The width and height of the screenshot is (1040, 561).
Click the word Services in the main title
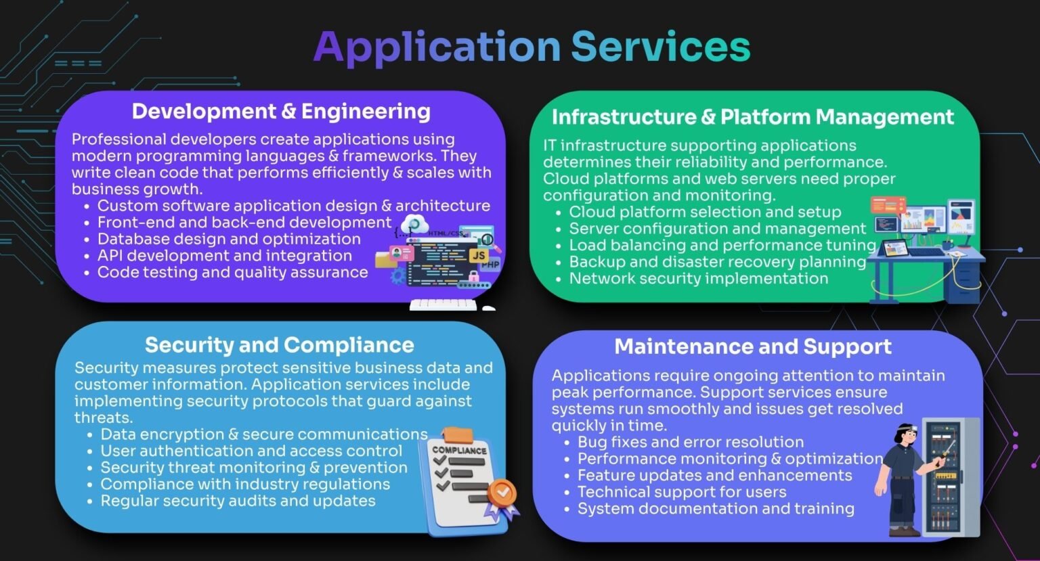click(x=660, y=47)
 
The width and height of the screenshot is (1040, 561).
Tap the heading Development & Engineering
click(x=281, y=112)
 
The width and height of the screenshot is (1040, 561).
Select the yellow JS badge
click(x=479, y=255)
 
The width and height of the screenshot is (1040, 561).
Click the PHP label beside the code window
click(x=490, y=265)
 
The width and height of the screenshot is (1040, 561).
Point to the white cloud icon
click(x=414, y=224)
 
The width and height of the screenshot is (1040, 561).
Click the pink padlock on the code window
click(x=473, y=277)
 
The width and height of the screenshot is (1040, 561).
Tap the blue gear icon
click(x=398, y=277)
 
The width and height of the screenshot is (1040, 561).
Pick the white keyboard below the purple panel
click(x=443, y=305)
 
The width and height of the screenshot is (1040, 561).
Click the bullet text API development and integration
click(x=224, y=256)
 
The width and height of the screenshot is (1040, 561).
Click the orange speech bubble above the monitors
click(x=888, y=205)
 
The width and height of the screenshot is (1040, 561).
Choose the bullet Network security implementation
click(x=698, y=278)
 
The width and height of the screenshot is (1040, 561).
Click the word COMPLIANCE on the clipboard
click(x=459, y=450)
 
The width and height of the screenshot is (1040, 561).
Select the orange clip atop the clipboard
click(x=458, y=435)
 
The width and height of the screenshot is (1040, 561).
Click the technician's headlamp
click(x=913, y=428)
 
